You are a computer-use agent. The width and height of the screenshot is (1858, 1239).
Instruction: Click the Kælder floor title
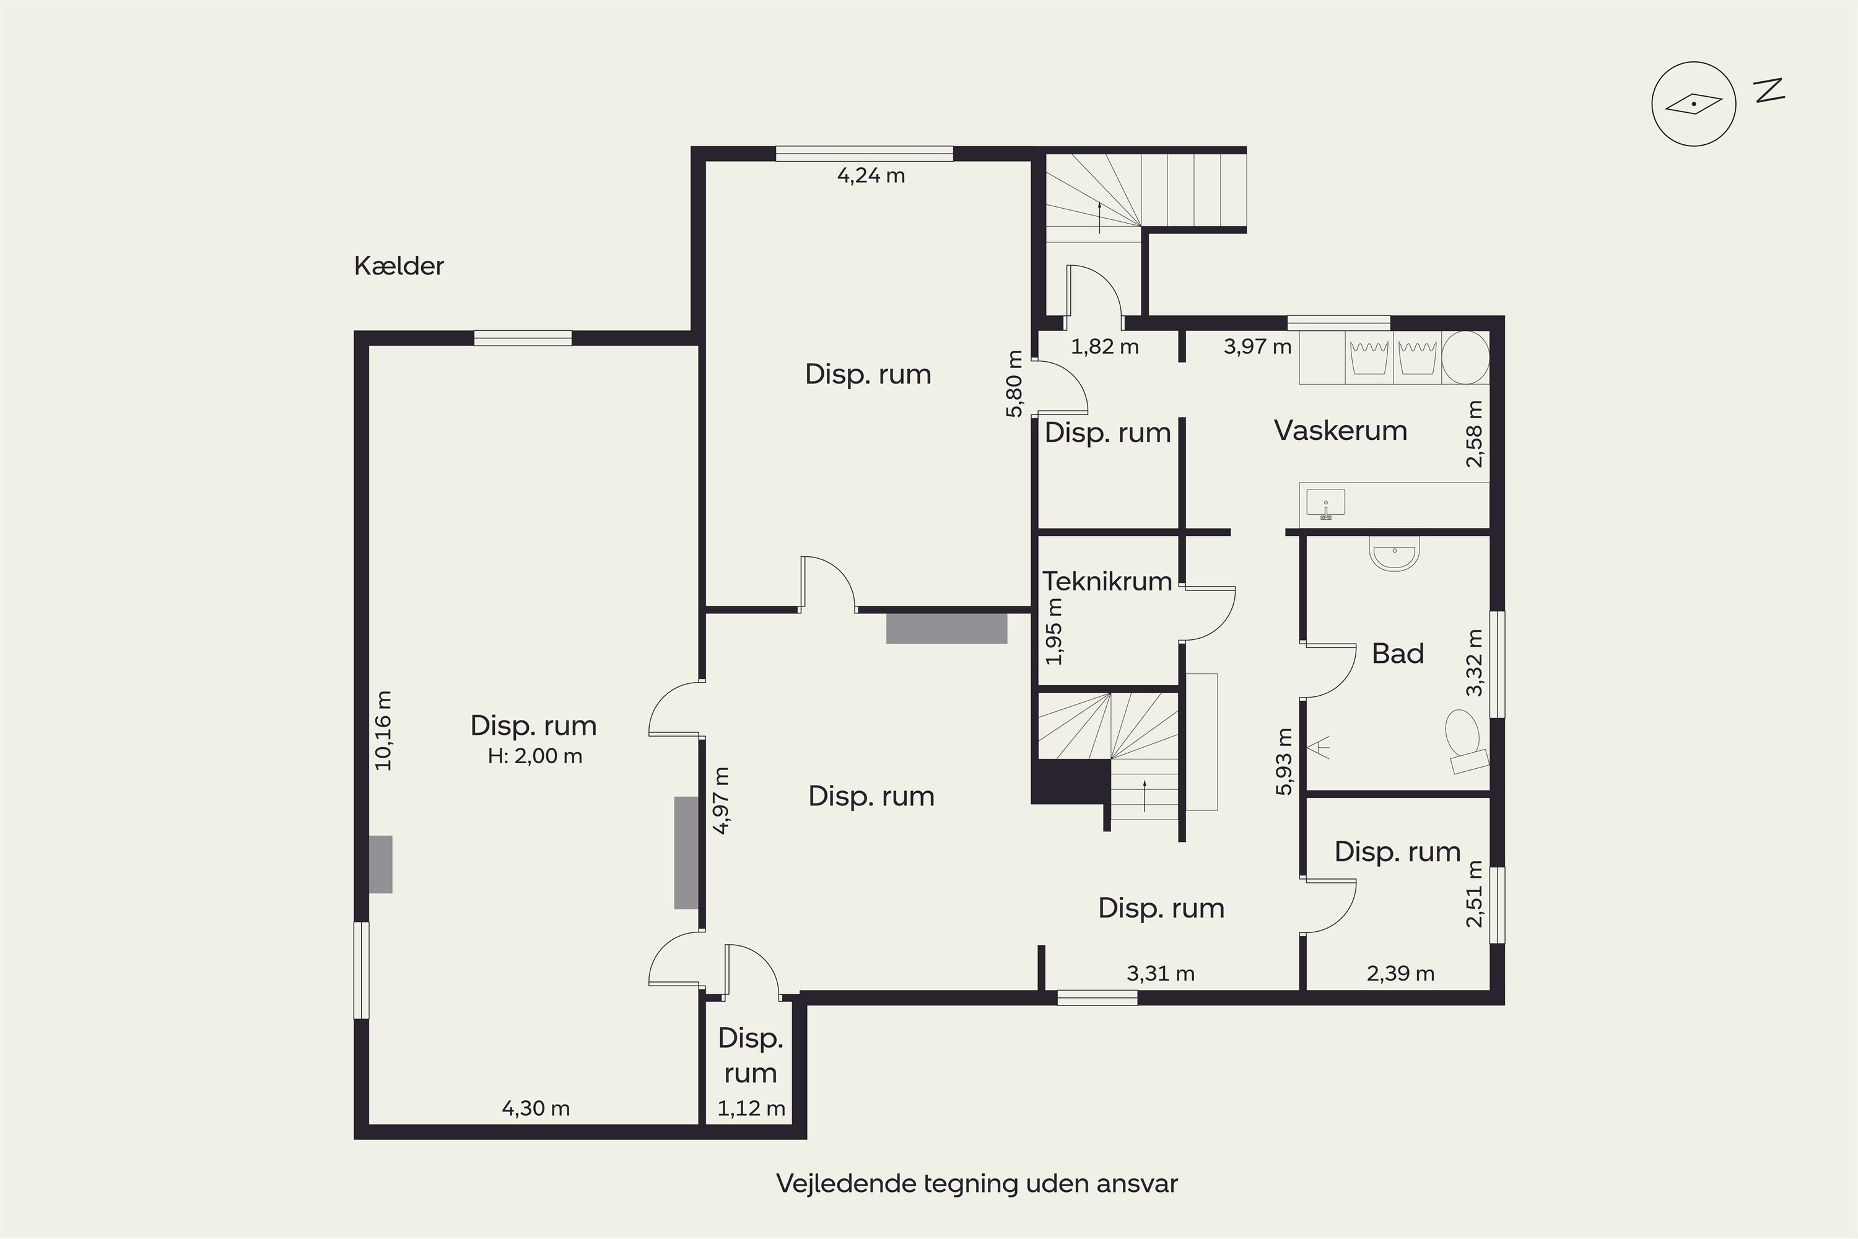(x=399, y=266)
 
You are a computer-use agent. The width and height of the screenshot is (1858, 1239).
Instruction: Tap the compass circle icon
(x=1694, y=104)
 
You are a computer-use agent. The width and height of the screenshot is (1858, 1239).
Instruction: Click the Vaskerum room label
(x=1341, y=431)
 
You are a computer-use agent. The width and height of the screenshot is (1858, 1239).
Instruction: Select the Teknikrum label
(x=1107, y=582)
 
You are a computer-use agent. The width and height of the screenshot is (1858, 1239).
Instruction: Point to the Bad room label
(x=1397, y=654)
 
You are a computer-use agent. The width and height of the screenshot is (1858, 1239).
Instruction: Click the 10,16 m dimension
(x=383, y=731)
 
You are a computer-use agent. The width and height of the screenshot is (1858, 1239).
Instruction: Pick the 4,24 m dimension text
(x=871, y=175)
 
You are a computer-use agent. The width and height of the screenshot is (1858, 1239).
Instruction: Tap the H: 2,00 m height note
(x=535, y=756)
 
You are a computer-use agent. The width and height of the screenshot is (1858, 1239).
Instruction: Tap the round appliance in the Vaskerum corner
(x=1465, y=358)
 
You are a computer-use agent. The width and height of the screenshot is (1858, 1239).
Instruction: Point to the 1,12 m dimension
(x=751, y=1109)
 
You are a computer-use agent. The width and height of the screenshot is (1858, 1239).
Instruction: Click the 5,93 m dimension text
(x=1284, y=761)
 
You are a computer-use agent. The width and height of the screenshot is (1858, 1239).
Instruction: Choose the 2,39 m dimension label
(x=1400, y=973)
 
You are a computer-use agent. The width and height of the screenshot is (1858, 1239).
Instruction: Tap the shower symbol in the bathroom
(x=1318, y=746)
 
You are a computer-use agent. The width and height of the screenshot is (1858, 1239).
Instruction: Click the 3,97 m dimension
(x=1258, y=346)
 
